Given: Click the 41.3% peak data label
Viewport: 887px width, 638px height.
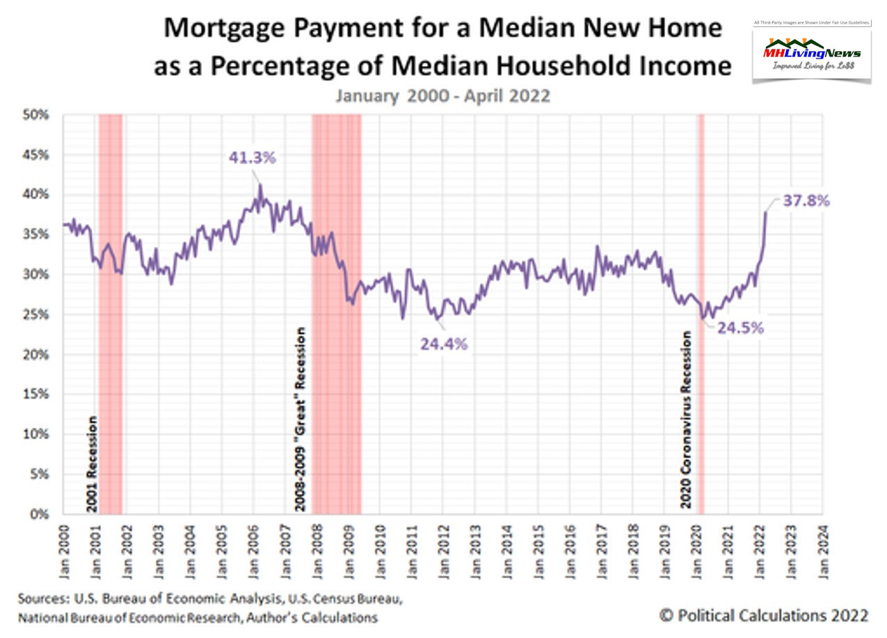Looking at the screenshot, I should click(253, 158).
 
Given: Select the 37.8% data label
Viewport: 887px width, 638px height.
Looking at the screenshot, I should click(806, 201).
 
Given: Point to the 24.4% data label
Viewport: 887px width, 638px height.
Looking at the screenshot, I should click(444, 343).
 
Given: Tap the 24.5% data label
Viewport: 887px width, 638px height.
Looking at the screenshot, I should click(740, 328).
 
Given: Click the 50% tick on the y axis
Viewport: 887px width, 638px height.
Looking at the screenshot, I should click(38, 115).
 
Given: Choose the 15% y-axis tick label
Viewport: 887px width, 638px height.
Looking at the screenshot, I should click(38, 394).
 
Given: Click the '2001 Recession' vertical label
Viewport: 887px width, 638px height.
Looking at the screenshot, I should click(92, 463).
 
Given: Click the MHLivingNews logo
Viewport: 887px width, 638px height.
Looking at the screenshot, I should click(811, 54).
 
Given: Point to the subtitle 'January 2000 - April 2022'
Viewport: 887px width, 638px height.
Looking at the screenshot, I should click(442, 95).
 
